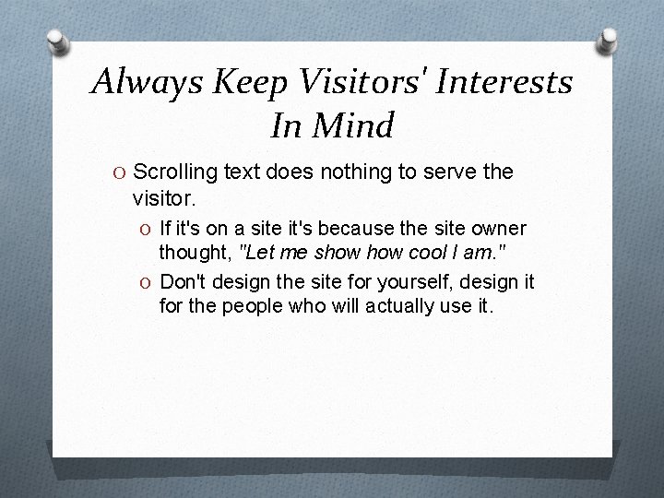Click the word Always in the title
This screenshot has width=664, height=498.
[x=147, y=85]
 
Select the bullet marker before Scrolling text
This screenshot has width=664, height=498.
[x=121, y=172]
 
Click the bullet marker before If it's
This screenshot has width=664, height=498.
[x=147, y=227]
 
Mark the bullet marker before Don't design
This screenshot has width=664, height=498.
[x=147, y=281]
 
